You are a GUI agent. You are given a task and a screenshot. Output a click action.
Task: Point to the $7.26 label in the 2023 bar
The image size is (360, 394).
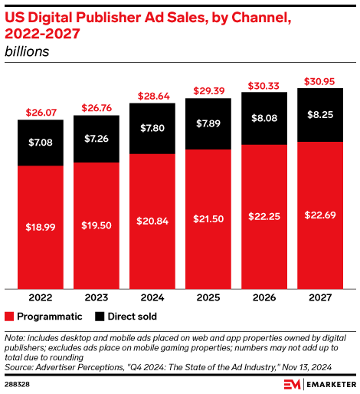pyautogui.click(x=97, y=138)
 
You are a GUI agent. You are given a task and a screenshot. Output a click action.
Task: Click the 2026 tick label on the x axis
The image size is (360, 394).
pyautogui.click(x=264, y=297)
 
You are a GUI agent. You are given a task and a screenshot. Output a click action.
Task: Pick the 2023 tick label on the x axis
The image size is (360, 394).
pyautogui.click(x=97, y=297)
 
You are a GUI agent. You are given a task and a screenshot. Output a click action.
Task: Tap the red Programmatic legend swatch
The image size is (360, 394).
pyautogui.click(x=9, y=316)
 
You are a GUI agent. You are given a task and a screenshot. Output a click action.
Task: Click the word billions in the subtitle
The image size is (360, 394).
pyautogui.click(x=27, y=51)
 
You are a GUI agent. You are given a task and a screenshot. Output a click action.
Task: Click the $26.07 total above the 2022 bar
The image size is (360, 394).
pyautogui.click(x=41, y=113)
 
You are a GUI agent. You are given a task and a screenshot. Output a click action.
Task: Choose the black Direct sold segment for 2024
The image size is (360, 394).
pyautogui.click(x=152, y=129)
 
